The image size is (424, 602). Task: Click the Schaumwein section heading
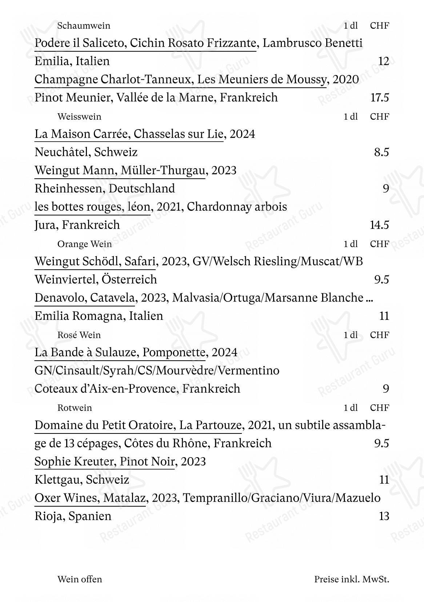click(x=84, y=26)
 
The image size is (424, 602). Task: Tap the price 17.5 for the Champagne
click(x=379, y=98)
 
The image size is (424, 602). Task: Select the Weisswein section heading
click(x=79, y=117)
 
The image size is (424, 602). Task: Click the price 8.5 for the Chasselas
click(x=381, y=152)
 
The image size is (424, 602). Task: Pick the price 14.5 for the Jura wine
click(x=379, y=225)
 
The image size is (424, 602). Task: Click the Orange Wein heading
click(x=84, y=244)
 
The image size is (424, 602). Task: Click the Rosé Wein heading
click(x=79, y=335)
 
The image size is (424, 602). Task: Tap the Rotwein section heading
click(x=75, y=408)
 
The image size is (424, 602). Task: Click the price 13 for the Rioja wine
click(x=384, y=516)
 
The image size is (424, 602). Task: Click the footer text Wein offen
click(x=80, y=579)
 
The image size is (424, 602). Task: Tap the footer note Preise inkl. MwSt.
click(x=352, y=579)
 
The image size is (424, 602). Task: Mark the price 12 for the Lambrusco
click(x=383, y=61)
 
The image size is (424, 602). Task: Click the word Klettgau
click(x=58, y=480)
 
